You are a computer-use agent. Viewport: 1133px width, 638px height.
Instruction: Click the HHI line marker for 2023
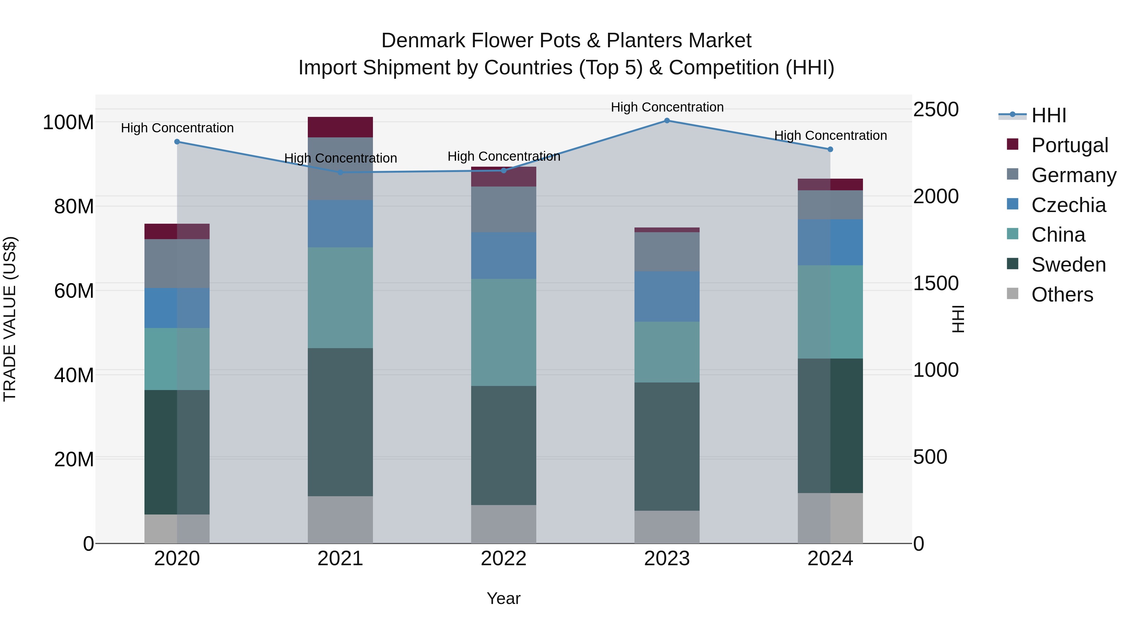pos(667,121)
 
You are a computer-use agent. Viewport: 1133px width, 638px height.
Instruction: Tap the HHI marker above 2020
pos(177,142)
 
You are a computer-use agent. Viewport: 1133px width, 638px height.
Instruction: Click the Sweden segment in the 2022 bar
pos(504,445)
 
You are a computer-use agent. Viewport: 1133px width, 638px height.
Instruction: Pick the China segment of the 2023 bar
pos(667,352)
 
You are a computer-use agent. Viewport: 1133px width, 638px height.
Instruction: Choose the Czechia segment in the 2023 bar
pos(667,296)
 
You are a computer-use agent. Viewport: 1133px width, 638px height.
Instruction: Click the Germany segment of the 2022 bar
pos(504,209)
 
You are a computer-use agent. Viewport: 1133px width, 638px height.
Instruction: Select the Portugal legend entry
pos(1069,145)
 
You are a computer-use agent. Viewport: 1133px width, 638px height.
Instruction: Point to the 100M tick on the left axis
pos(68,123)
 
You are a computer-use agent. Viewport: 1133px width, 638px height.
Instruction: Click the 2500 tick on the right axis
pos(936,109)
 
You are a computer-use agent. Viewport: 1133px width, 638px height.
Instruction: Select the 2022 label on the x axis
pos(504,559)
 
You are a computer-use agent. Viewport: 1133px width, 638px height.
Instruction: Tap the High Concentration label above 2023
pos(667,107)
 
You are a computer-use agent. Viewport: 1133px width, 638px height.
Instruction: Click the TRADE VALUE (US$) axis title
pos(10,319)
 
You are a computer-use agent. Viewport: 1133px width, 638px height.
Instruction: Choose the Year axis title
pos(504,598)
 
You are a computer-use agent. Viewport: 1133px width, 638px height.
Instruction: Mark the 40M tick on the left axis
pos(74,375)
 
